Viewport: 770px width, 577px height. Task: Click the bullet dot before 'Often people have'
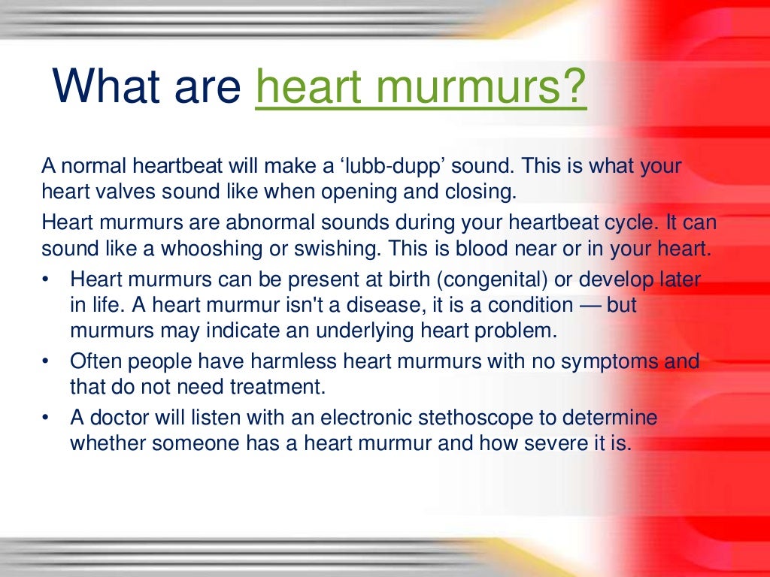pyautogui.click(x=46, y=362)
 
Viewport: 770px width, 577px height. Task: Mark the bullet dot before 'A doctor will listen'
pyautogui.click(x=46, y=418)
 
